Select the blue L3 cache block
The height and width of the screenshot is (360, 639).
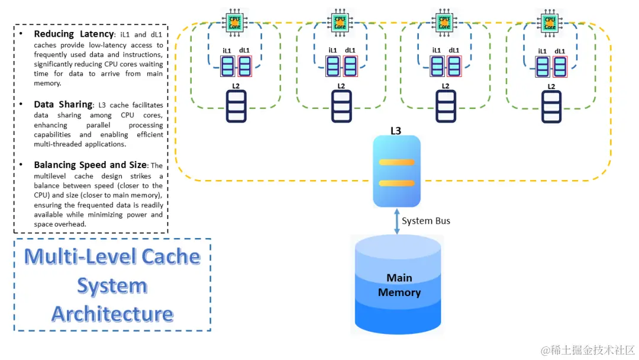coord(396,172)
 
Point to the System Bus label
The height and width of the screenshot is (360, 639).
coord(426,221)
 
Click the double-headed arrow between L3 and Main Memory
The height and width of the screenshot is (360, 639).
coord(396,221)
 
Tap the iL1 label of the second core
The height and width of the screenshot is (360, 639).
coord(333,50)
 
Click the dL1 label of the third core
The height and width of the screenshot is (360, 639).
coord(454,50)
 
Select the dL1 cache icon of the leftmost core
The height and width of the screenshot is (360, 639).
coord(245,66)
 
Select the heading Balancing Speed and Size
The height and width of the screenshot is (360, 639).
coord(90,165)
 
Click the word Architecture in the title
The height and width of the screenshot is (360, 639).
coord(112,314)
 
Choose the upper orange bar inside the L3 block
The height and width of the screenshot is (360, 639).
coord(396,162)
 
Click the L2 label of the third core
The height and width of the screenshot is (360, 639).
coord(446,86)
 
